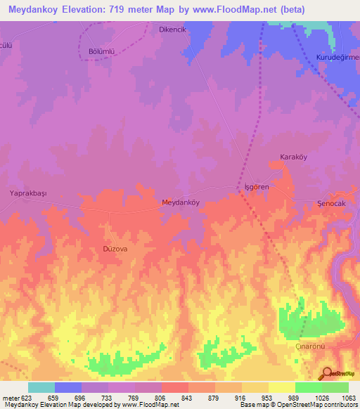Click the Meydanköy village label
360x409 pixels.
[x=181, y=202]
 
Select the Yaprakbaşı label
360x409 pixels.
[x=27, y=193]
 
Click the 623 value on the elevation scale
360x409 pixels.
[x=27, y=398]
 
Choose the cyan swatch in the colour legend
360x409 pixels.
[x=41, y=387]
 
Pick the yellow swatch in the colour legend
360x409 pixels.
[x=282, y=387]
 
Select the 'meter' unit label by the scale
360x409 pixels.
[x=10, y=398]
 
